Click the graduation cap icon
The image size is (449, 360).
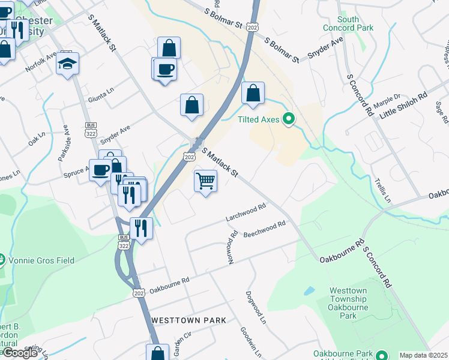click(x=68, y=62)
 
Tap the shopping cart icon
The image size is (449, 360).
click(x=205, y=181)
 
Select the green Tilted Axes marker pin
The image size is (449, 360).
click(x=289, y=120)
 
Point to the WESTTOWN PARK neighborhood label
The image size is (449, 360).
click(x=188, y=320)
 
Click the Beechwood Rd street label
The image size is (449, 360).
click(x=264, y=230)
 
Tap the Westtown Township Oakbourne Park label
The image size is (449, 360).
click(x=348, y=303)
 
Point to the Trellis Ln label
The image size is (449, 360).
click(x=382, y=189)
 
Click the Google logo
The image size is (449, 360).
click(x=20, y=353)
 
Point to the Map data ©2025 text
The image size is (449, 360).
click(x=423, y=355)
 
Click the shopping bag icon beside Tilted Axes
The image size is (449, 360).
click(x=253, y=94)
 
